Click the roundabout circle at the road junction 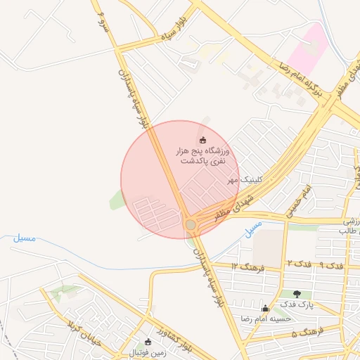191,224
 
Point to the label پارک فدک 297,304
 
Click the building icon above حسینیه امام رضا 265,308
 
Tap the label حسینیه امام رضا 266,319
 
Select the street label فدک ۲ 299,264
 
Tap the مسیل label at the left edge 25,238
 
